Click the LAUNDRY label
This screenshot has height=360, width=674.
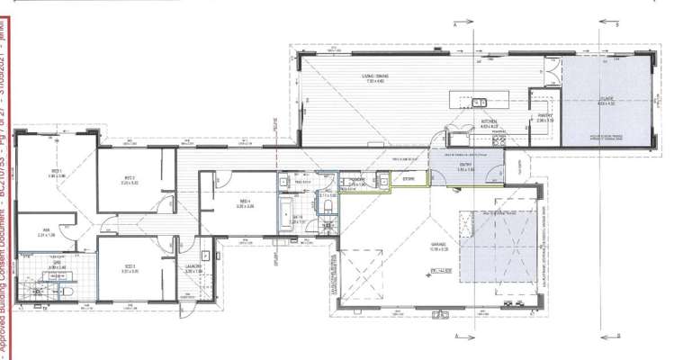pyautogui.click(x=193, y=267)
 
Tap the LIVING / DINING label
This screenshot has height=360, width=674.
pyautogui.click(x=374, y=76)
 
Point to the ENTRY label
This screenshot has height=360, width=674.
pyautogui.click(x=465, y=165)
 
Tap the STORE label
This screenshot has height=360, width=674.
pyautogui.click(x=409, y=179)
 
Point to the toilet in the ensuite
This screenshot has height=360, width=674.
pyautogui.click(x=69, y=292)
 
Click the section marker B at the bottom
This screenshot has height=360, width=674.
pyautogui.click(x=617, y=337)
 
